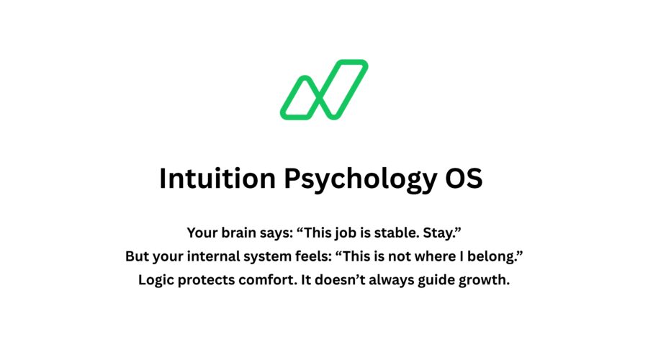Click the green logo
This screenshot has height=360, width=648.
[x=324, y=90]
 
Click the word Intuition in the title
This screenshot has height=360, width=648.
[x=215, y=179]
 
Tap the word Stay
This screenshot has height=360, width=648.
[x=447, y=233]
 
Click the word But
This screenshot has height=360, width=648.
[x=138, y=256]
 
